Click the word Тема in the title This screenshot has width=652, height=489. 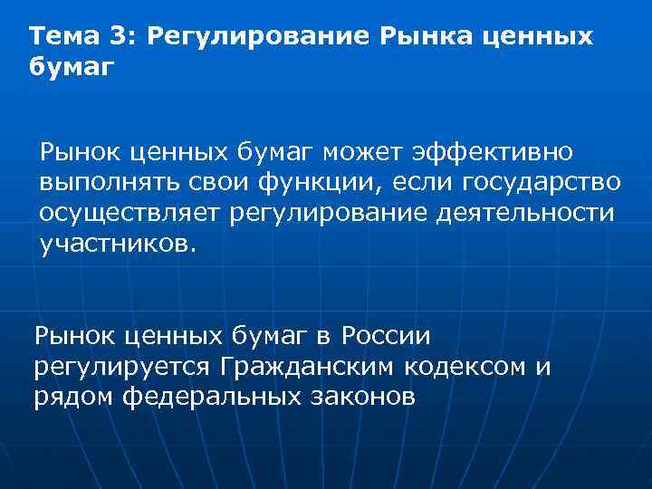click(x=61, y=37)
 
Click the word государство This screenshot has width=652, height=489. click(x=542, y=182)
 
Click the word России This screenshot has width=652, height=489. click(x=386, y=337)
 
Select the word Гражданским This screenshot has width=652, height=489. click(x=315, y=369)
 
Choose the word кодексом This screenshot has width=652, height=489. click(x=478, y=369)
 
